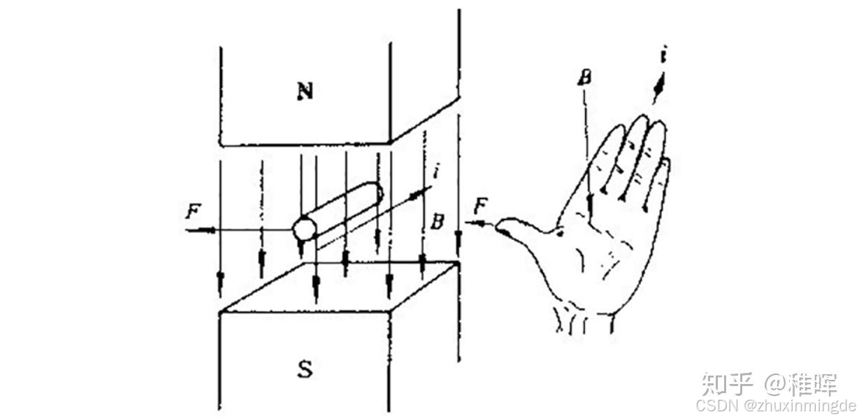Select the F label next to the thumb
coord(480,206)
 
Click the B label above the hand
coord(586,76)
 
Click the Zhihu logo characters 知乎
coord(727,384)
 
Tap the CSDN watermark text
coord(716,406)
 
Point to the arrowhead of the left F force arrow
coord(212,229)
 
